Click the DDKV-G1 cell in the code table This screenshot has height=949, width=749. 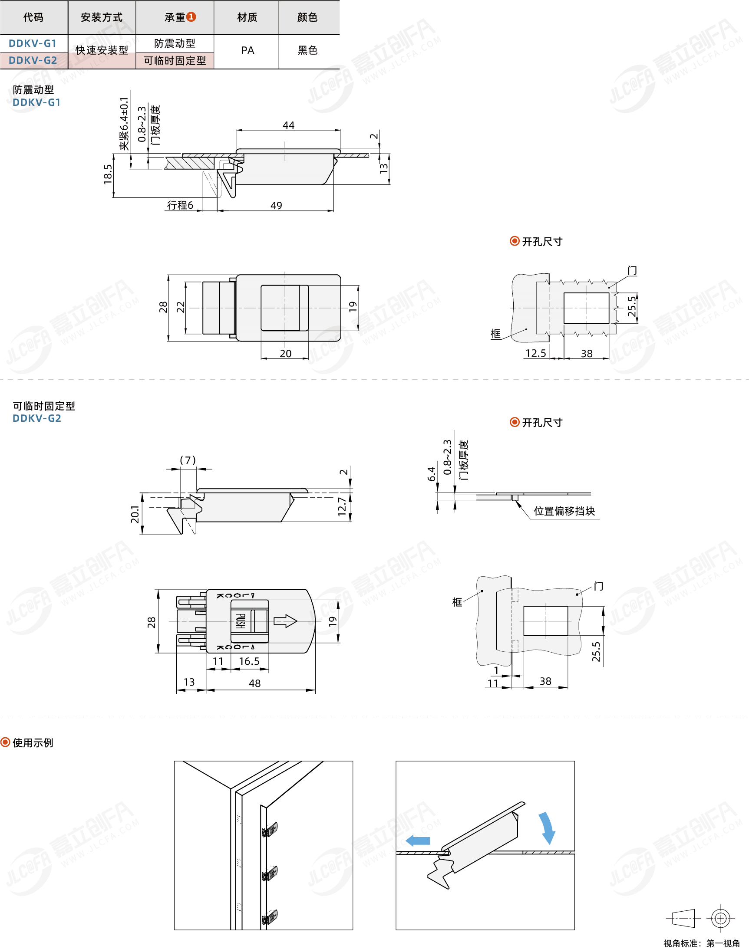pyautogui.click(x=33, y=43)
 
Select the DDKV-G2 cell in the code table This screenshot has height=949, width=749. pyautogui.click(x=33, y=60)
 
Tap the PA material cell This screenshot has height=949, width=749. pyautogui.click(x=248, y=50)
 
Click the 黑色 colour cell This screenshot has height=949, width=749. pyautogui.click(x=307, y=50)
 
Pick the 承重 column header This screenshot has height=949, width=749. pyautogui.click(x=175, y=17)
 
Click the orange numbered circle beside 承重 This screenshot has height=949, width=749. pyautogui.click(x=191, y=16)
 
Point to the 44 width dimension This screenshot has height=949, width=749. pyautogui.click(x=289, y=125)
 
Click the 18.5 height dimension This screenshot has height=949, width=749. pyautogui.click(x=108, y=174)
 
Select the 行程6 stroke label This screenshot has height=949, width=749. pyautogui.click(x=180, y=205)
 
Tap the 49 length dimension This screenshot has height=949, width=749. pyautogui.click(x=276, y=206)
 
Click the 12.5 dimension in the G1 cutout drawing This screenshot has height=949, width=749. pyautogui.click(x=536, y=353)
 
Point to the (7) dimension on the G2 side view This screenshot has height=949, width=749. pyautogui.click(x=188, y=460)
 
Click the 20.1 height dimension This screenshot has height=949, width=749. pyautogui.click(x=135, y=514)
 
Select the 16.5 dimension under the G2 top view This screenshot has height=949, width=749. pyautogui.click(x=249, y=661)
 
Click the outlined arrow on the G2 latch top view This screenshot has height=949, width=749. pyautogui.click(x=285, y=621)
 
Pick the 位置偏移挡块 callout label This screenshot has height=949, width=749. pyautogui.click(x=564, y=511)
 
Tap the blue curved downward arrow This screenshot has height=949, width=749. pyautogui.click(x=547, y=828)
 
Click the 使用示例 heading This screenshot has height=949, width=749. pyautogui.click(x=33, y=742)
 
